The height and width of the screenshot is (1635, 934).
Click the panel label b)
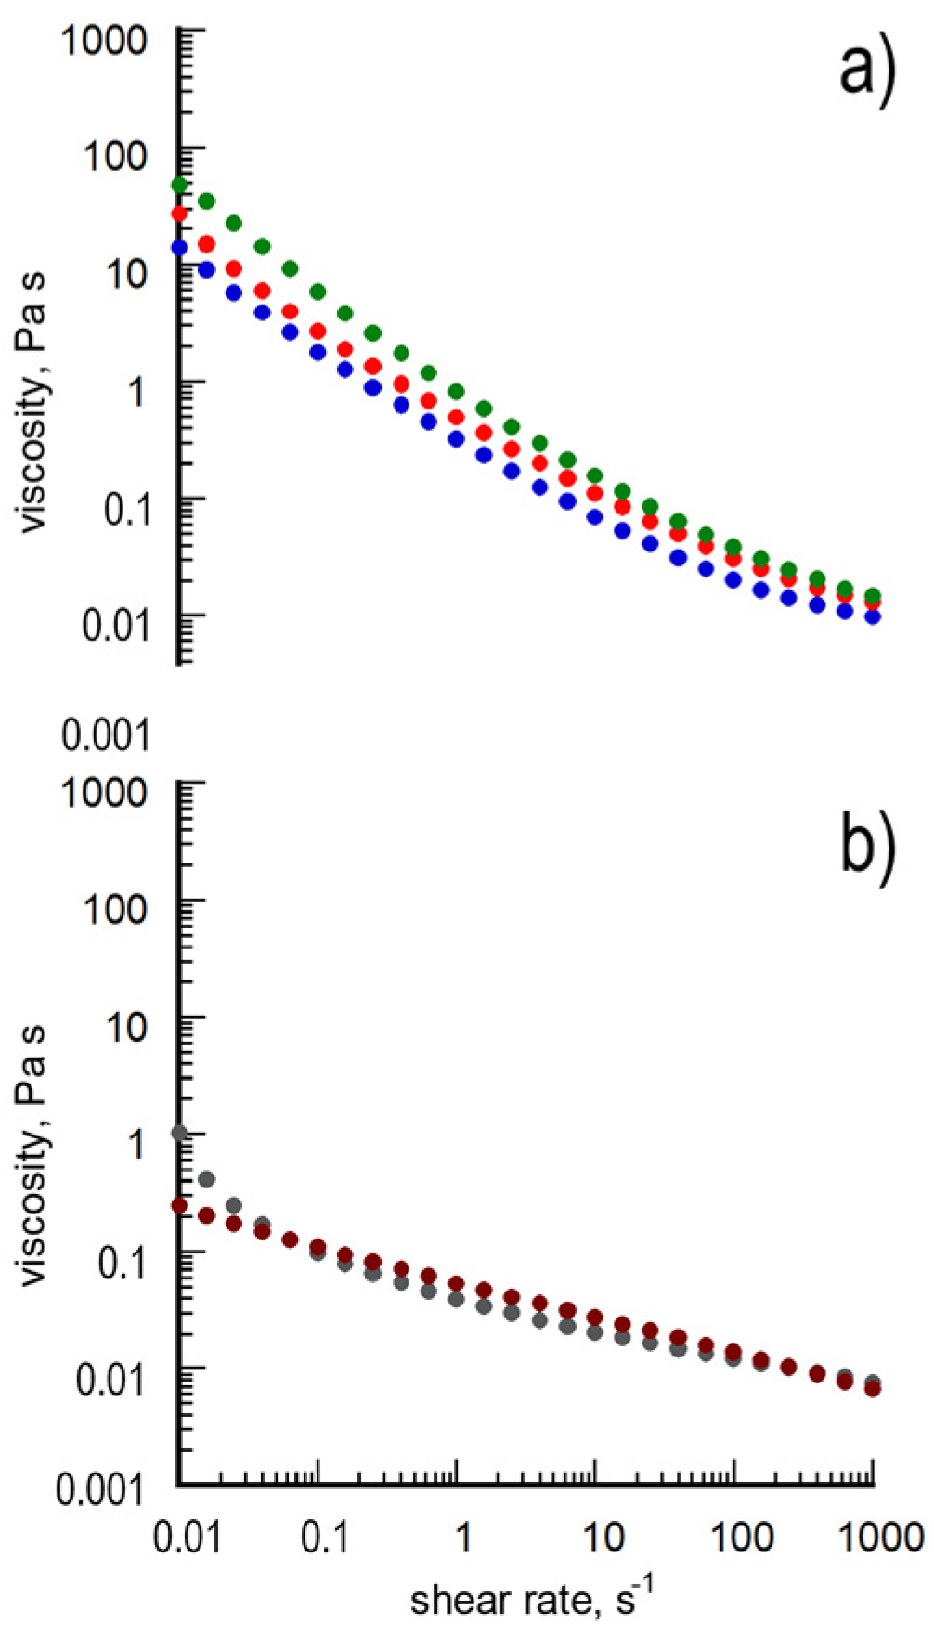pos(867,849)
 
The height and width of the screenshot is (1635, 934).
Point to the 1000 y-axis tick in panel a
pos(104,40)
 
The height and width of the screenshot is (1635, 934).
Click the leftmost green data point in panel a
pos(179,186)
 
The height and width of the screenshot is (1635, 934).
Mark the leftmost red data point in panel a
pos(179,214)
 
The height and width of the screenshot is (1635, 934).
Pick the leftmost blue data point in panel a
pos(179,248)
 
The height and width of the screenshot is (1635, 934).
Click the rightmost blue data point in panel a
pos(873,616)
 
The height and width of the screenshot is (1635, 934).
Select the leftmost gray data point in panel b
pos(180,1134)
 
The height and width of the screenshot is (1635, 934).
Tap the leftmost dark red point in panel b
pos(179,1206)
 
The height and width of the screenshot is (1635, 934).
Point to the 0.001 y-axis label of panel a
pos(104,735)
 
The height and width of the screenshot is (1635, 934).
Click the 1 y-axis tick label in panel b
pos(136,1144)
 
